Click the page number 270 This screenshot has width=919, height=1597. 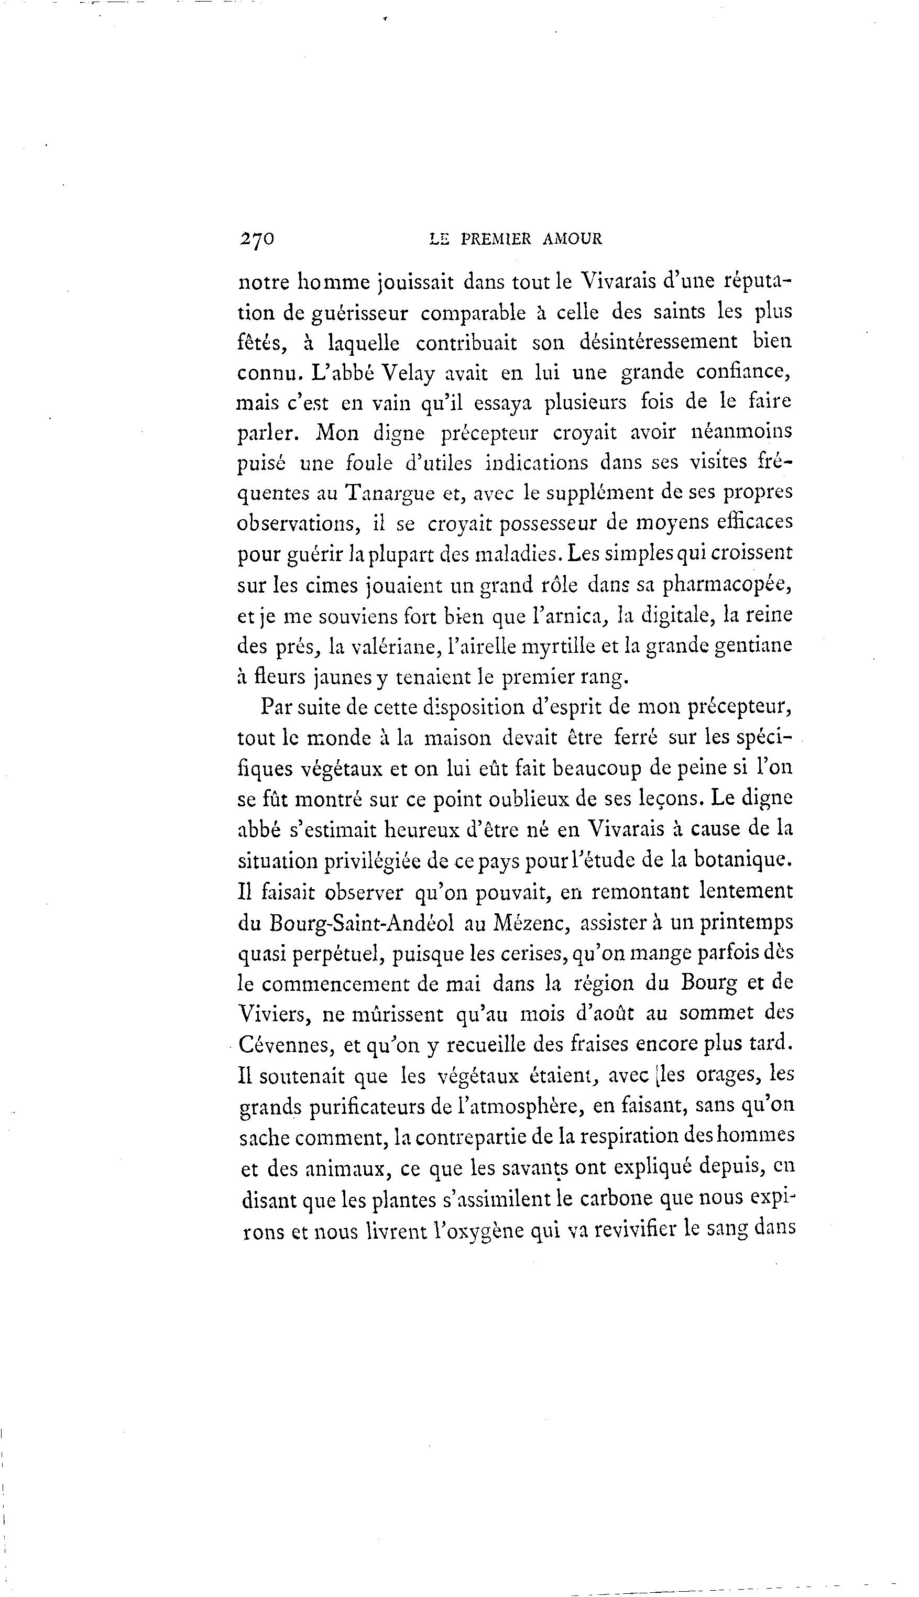pyautogui.click(x=256, y=238)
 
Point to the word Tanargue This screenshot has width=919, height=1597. pyautogui.click(x=389, y=493)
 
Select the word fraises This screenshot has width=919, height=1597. pyautogui.click(x=591, y=1044)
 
